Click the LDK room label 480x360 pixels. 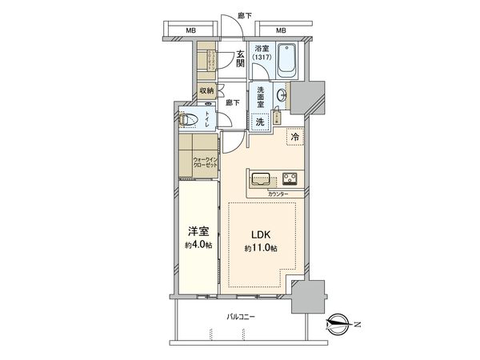[x=261, y=235]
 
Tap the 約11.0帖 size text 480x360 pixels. [x=261, y=249]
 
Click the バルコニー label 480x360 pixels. [x=240, y=318]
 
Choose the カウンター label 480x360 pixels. [x=279, y=194]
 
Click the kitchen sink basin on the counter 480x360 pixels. [x=262, y=178]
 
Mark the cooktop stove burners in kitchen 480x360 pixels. [x=290, y=178]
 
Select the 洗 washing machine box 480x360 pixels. [x=259, y=122]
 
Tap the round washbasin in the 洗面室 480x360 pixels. [x=281, y=96]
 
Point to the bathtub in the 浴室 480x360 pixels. [x=286, y=62]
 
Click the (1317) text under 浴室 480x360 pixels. [x=262, y=57]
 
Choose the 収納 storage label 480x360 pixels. [x=206, y=91]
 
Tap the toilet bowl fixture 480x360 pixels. [x=190, y=121]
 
